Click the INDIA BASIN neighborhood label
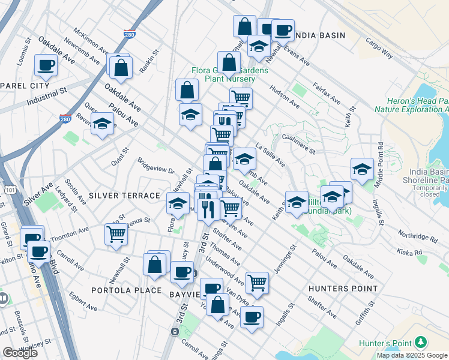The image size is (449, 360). coord(320,35)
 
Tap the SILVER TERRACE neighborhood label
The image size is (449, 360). coord(124,196)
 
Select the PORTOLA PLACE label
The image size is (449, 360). coord(127,290)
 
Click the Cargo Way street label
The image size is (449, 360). coord(379,49)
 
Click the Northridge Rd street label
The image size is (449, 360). coord(406,236)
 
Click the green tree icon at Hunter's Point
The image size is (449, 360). coord(421,342)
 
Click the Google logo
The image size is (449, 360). coord(20,353)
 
